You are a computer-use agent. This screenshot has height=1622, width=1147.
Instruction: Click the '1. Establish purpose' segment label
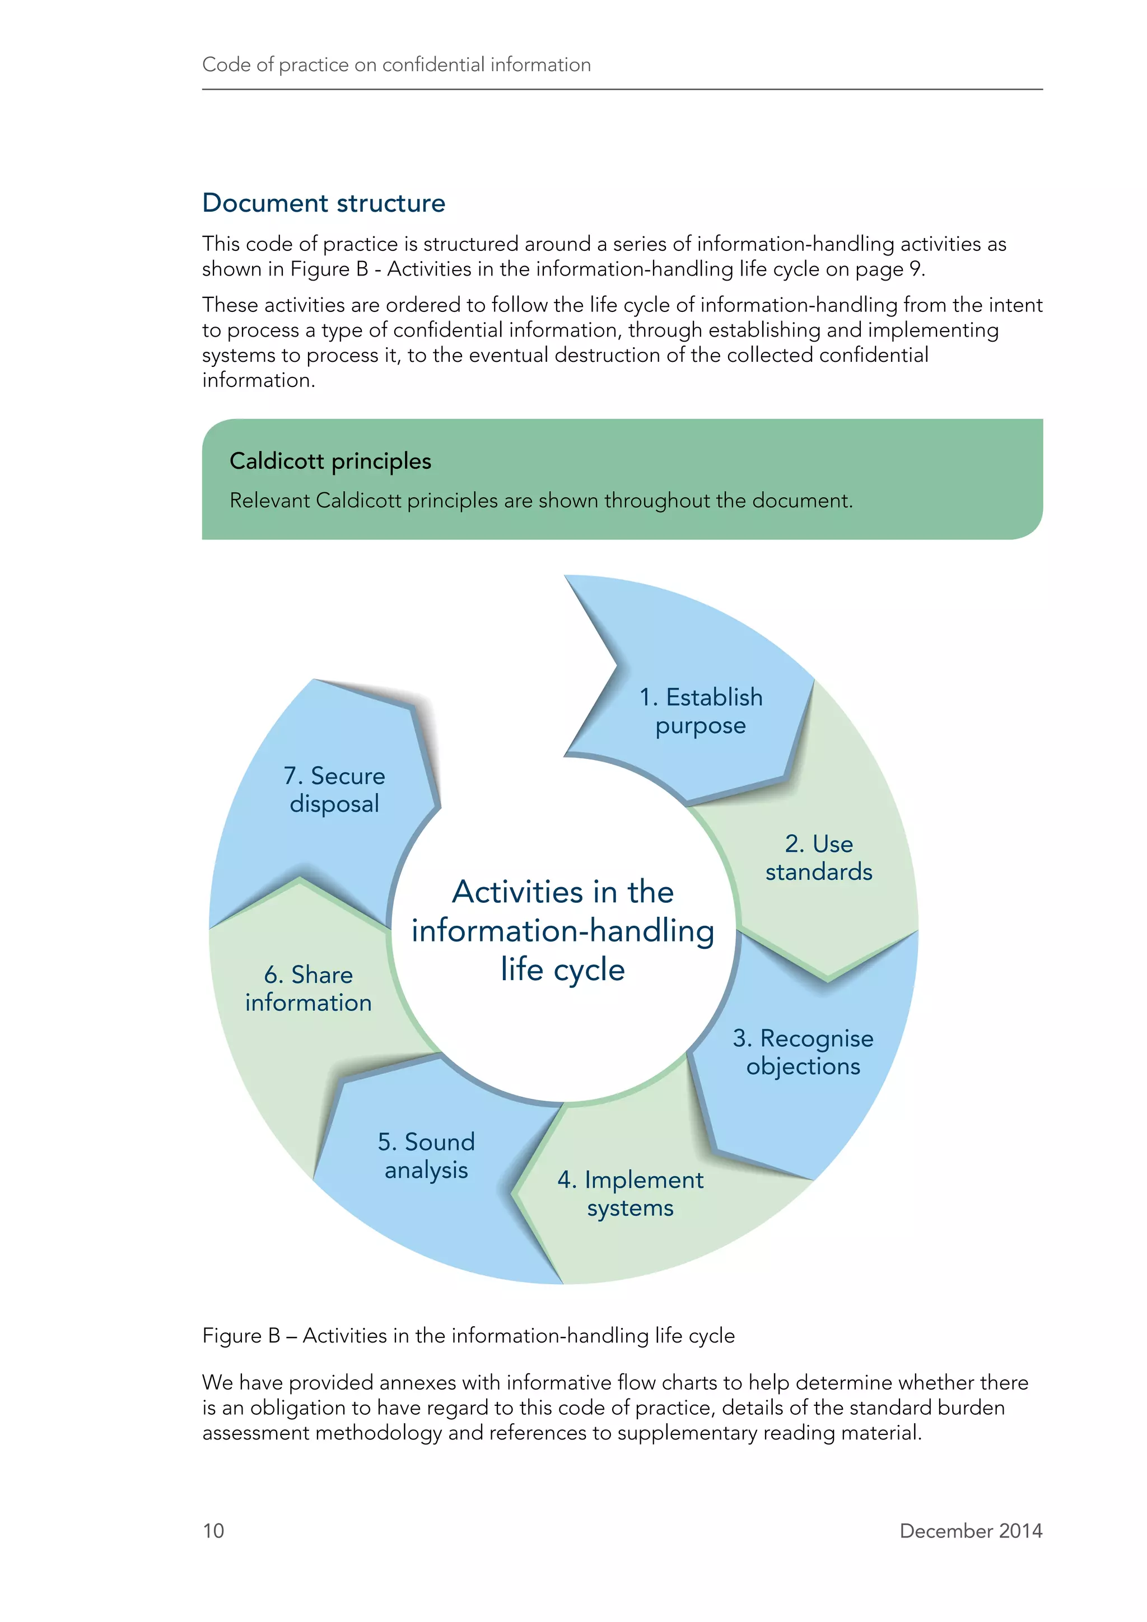(701, 711)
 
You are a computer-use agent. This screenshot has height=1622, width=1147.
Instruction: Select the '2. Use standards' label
(819, 857)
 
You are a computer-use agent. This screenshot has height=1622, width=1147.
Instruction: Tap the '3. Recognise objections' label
(803, 1052)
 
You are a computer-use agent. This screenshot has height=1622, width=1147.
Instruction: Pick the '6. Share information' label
(308, 989)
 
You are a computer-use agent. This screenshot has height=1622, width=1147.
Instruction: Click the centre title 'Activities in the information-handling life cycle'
(563, 930)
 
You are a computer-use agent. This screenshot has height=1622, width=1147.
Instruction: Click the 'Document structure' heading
(324, 203)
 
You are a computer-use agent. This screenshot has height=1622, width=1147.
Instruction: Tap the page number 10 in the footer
(213, 1530)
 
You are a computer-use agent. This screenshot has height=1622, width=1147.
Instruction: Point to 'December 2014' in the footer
(971, 1530)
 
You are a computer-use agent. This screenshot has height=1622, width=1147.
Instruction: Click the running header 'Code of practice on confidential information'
(396, 65)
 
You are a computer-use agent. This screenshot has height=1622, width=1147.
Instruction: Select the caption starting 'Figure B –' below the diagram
(468, 1335)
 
